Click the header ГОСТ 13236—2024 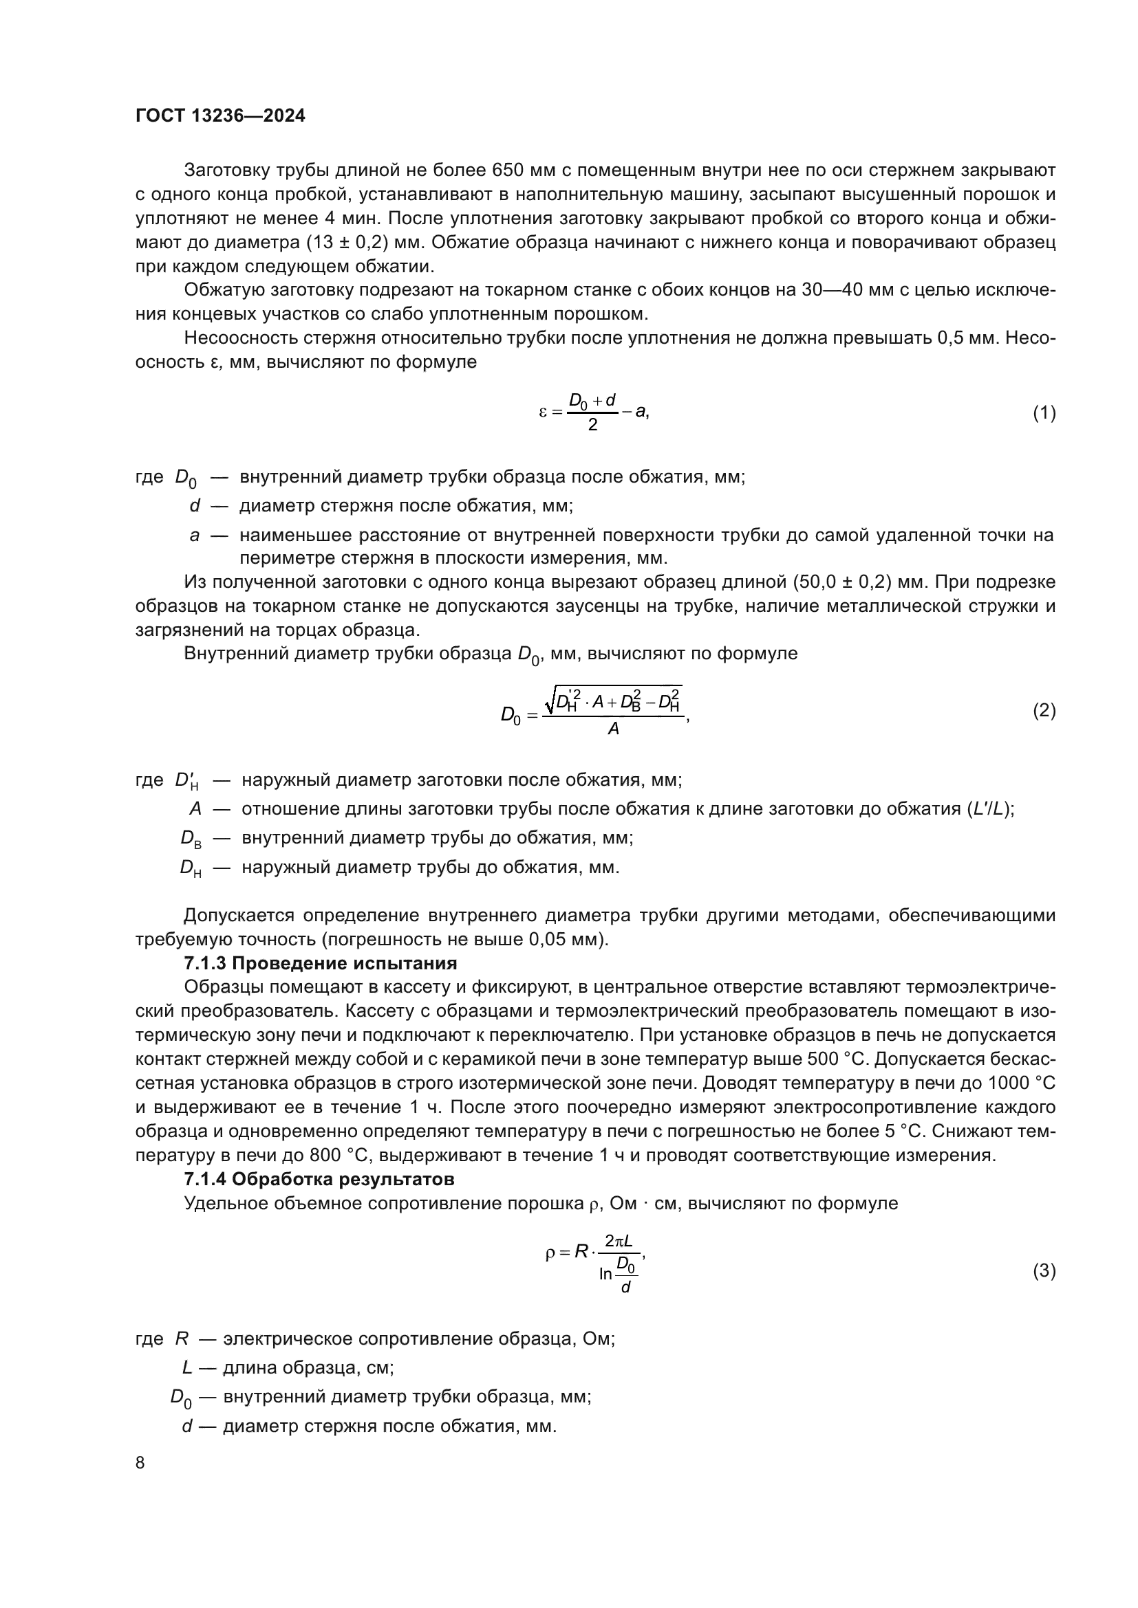click(220, 116)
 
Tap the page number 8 click(140, 1462)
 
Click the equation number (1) click(1044, 412)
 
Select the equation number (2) click(1044, 711)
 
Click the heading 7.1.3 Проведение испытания click(320, 963)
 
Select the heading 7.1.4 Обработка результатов click(319, 1179)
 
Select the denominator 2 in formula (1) click(592, 425)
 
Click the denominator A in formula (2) click(613, 729)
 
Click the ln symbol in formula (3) click(605, 1274)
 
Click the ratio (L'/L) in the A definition click(989, 809)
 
